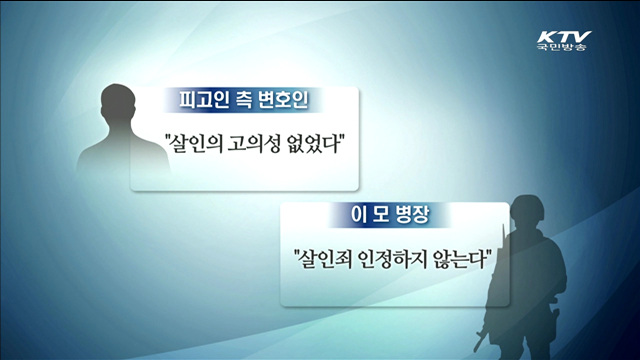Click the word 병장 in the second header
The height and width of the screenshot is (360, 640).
tap(409, 214)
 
